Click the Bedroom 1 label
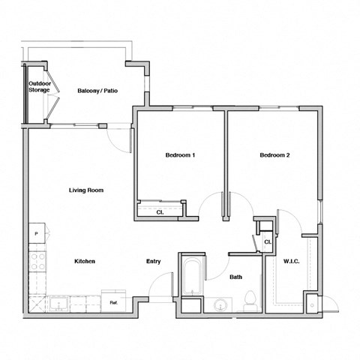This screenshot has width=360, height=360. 180,155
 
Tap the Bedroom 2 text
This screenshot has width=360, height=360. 274,155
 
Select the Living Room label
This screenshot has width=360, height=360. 85,190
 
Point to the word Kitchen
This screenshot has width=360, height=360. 84,261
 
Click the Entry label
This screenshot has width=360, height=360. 153,261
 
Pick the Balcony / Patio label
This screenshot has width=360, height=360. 96,91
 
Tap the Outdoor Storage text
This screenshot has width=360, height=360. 39,87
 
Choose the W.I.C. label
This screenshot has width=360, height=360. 292,261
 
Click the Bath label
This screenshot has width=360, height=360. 235,277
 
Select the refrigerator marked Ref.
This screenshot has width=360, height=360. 113,302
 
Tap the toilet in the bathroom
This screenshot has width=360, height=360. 250,301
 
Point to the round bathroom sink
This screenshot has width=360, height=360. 220,305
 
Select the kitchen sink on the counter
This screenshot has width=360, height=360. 57,304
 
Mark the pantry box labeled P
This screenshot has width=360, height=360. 37,234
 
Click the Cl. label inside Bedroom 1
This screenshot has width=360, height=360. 160,212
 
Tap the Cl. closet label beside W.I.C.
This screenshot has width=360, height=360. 267,241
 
